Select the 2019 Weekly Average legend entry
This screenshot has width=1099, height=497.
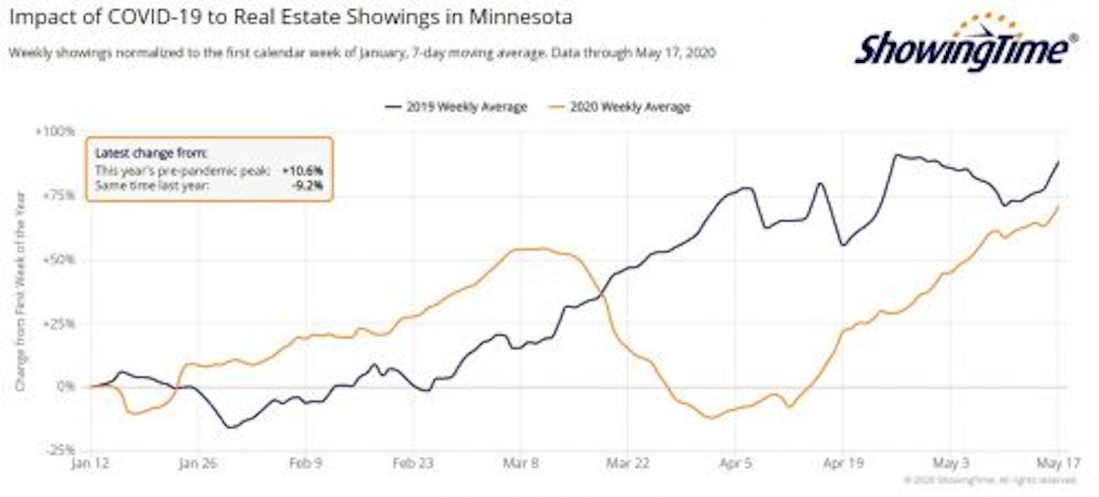coord(456,107)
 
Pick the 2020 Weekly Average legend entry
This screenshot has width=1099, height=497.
coord(620,107)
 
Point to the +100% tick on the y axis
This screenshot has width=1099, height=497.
coord(55,131)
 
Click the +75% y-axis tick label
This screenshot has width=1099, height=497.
coord(57,196)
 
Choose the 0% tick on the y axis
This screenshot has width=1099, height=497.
coord(66,386)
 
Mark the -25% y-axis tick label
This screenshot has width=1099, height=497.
coord(60,450)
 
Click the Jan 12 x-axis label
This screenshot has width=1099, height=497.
coord(90,463)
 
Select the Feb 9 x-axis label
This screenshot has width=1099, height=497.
coord(305,463)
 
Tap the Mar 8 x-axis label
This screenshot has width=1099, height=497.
coord(520,463)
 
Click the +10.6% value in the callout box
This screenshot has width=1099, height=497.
coord(302,171)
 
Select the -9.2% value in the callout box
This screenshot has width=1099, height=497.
coord(307,185)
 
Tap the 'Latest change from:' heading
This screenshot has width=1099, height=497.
coord(151,153)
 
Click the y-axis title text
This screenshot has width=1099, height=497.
coord(20,291)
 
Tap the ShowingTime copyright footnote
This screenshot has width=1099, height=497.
coord(990,480)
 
